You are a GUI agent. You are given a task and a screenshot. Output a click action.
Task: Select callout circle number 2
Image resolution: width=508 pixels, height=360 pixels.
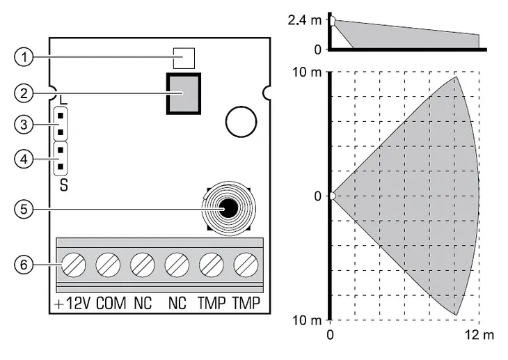click(24, 91)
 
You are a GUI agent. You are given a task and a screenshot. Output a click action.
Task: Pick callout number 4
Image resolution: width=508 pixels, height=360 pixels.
click(24, 159)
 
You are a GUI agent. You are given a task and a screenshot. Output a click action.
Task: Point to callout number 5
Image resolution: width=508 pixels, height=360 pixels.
click(24, 208)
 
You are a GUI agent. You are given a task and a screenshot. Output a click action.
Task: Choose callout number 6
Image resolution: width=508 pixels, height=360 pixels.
click(24, 265)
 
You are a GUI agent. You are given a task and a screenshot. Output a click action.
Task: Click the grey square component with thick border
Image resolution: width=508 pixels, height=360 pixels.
click(183, 93)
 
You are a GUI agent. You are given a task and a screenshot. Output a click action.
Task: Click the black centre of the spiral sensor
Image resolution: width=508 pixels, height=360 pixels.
click(227, 208)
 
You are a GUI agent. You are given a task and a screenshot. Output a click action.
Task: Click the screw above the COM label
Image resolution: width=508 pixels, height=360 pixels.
click(108, 265)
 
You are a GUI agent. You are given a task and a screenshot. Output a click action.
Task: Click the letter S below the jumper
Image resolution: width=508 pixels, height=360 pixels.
click(63, 186)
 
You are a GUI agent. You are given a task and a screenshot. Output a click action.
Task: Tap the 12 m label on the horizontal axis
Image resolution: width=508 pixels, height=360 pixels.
click(480, 336)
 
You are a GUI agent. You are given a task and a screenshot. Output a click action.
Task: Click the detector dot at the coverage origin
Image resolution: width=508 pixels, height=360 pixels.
click(332, 196)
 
